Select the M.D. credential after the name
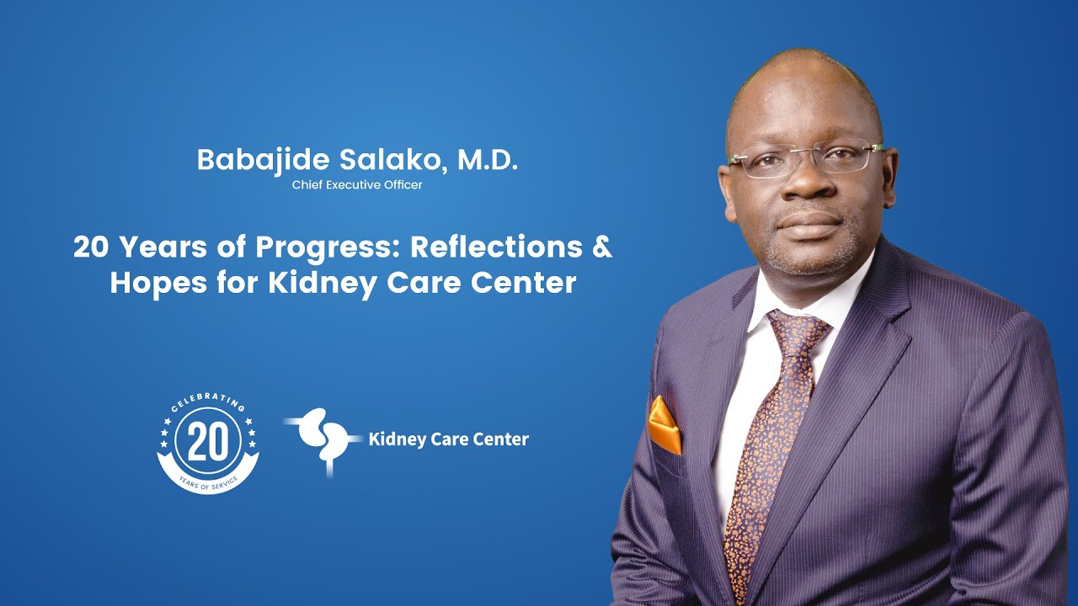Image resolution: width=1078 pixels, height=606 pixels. tap(487, 161)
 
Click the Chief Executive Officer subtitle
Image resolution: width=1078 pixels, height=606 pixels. tap(357, 185)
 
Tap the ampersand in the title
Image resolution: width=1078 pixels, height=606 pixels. tap(600, 247)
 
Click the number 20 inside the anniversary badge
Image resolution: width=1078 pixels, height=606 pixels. tap(207, 443)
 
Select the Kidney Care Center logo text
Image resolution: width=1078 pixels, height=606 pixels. tap(448, 439)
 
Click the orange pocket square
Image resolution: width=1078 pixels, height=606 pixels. tap(664, 426)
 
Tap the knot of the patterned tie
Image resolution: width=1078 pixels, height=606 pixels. tap(795, 330)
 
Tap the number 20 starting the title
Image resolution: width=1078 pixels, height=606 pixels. tap(90, 247)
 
